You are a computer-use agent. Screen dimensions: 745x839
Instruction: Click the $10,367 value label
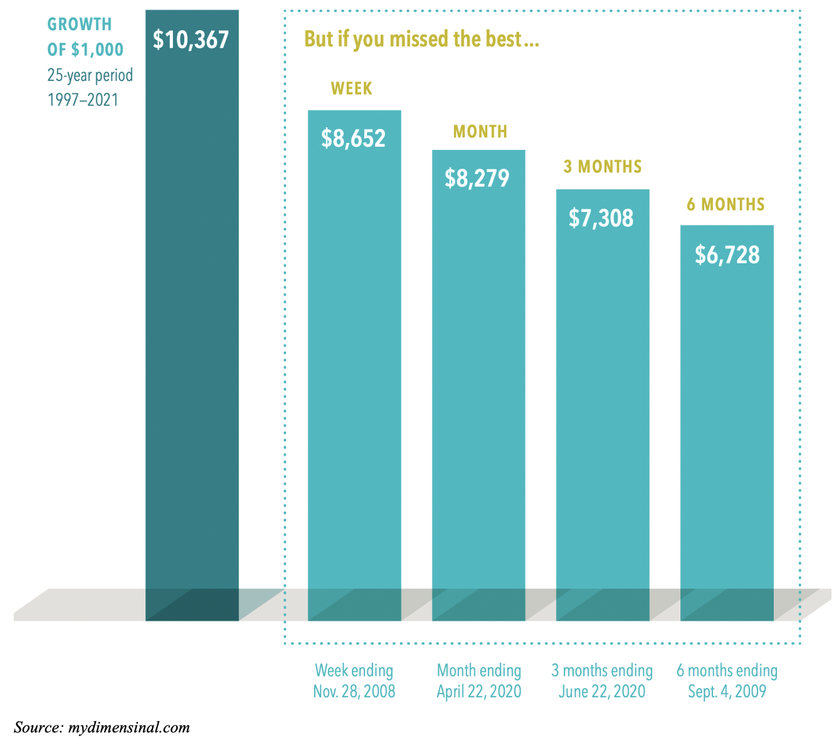191,40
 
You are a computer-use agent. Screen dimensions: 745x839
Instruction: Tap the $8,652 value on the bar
353,139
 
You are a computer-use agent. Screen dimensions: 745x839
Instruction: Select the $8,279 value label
477,179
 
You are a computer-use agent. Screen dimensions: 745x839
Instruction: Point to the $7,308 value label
601,218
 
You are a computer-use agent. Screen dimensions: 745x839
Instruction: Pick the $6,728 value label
727,255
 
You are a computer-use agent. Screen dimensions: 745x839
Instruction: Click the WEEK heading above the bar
352,89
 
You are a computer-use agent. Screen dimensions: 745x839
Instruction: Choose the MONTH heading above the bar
480,132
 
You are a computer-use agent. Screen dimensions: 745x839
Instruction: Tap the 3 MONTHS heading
603,167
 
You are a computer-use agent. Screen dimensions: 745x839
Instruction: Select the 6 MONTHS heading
726,204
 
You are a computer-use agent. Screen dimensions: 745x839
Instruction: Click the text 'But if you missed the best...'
422,40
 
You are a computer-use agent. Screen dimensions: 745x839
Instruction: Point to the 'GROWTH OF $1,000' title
85,37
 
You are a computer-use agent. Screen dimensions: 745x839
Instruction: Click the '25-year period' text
90,76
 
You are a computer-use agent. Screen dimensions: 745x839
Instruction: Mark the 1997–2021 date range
83,100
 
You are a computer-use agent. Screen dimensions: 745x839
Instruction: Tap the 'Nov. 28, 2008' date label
354,692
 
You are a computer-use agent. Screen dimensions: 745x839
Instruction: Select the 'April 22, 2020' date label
479,692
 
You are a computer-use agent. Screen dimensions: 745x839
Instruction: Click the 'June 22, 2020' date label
602,692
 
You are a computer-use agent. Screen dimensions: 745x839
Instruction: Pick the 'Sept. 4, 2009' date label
727,692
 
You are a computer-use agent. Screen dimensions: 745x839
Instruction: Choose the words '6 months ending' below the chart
727,671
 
